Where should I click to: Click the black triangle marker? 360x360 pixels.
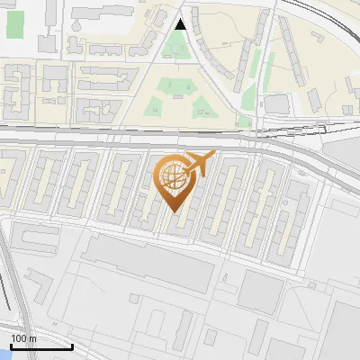point(181,24)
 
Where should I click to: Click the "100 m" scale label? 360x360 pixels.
point(23,338)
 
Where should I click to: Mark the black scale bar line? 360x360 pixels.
point(41,346)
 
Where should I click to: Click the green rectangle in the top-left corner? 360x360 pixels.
point(16,24)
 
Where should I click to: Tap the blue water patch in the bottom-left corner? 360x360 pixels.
point(4,354)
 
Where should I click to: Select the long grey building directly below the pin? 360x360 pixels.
point(144,256)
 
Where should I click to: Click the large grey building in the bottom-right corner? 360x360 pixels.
point(337,328)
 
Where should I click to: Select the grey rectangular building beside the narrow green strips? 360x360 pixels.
point(276,104)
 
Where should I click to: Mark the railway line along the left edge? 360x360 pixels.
point(7,279)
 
